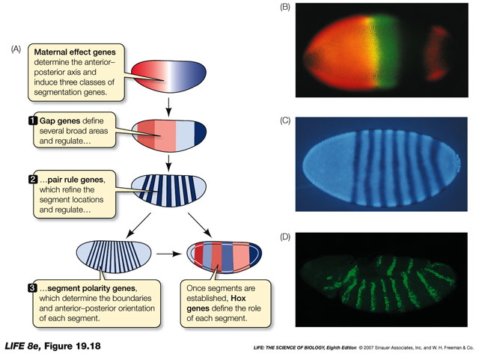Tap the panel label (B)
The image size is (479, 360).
pyautogui.click(x=284, y=7)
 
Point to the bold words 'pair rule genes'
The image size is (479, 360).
pyautogui.click(x=81, y=180)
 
